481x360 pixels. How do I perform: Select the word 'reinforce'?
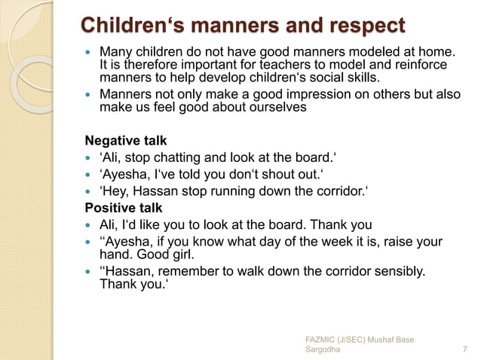click(x=418, y=65)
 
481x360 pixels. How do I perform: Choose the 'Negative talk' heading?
click(x=125, y=141)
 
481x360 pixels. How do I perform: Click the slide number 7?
click(x=463, y=350)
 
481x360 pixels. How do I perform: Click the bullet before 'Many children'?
click(x=89, y=53)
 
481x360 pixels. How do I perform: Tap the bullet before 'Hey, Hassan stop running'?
click(x=89, y=191)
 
